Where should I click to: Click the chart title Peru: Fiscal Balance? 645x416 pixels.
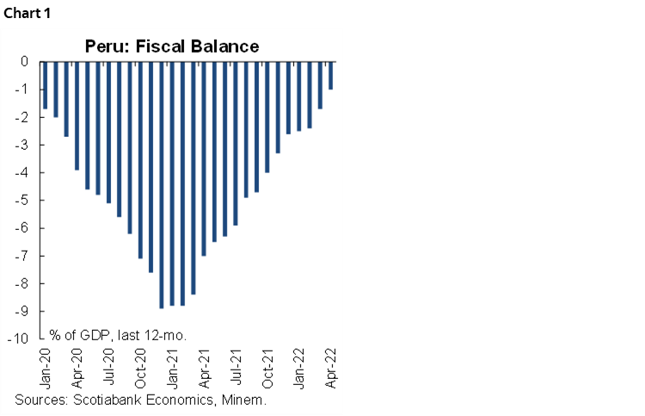(171, 46)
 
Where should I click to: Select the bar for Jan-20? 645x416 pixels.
(45, 85)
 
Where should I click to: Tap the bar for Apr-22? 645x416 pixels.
(331, 76)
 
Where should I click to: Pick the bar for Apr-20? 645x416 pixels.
(77, 115)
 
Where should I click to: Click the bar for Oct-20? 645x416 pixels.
(140, 159)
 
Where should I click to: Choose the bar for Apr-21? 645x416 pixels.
(204, 158)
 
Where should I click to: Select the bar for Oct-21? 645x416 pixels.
(267, 117)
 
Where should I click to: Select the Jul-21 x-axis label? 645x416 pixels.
(236, 368)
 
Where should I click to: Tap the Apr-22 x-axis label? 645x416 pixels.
(331, 368)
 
